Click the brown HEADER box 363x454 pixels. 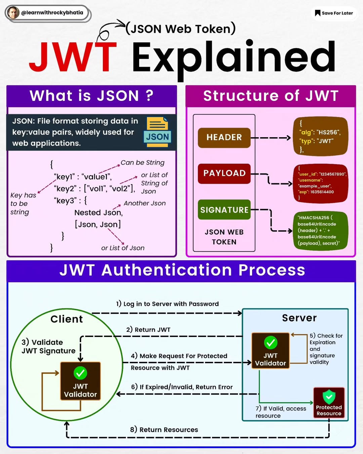click(224, 138)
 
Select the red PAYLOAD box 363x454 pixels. click(224, 174)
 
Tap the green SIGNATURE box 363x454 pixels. click(224, 210)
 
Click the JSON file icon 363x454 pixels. click(157, 132)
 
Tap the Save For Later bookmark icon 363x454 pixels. click(317, 13)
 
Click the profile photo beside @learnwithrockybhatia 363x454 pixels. click(13, 13)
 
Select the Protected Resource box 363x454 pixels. click(329, 403)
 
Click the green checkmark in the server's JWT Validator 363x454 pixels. click(271, 343)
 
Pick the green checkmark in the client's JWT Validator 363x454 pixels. click(80, 373)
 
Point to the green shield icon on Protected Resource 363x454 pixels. click(329, 396)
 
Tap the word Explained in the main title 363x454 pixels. click(234, 58)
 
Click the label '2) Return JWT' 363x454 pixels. click(148, 330)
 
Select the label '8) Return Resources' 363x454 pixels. click(164, 429)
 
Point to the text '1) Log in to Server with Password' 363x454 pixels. click(167, 304)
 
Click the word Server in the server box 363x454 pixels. click(299, 318)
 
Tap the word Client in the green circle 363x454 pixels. click(67, 319)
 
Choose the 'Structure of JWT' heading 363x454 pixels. click(271, 96)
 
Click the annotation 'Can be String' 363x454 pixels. click(143, 163)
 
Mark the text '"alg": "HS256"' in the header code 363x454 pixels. click(320, 133)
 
